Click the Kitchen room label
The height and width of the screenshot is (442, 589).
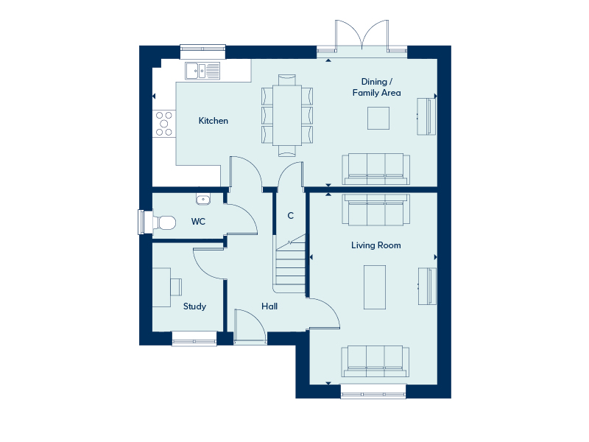(214, 121)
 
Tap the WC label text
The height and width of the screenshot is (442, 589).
(198, 221)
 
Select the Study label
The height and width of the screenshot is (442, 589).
(194, 306)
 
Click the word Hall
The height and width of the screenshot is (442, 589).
(269, 306)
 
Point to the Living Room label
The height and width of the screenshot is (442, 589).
(375, 245)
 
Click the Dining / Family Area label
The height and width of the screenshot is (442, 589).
(376, 87)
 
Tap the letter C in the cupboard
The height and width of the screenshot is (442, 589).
(291, 216)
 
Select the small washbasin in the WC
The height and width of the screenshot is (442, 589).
(203, 199)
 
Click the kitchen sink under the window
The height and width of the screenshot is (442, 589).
(202, 71)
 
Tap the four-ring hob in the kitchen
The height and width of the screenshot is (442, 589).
(163, 123)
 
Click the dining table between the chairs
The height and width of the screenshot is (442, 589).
(287, 114)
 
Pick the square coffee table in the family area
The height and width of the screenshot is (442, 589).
(379, 118)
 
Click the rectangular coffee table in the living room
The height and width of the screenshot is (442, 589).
(375, 287)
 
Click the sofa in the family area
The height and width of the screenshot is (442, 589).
(375, 168)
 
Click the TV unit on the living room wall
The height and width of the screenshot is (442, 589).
(427, 286)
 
